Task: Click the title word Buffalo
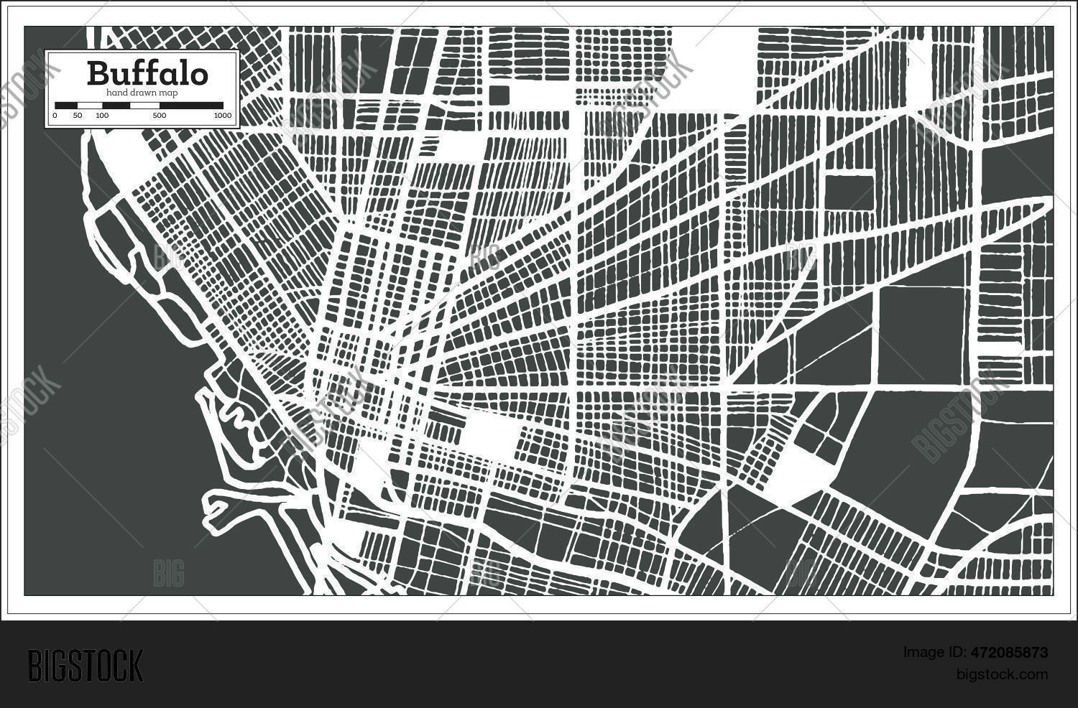tap(147, 73)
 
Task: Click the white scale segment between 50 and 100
tap(89, 106)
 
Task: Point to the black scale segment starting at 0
tap(66, 106)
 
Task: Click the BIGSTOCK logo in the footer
tap(86, 666)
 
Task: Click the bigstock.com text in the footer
tap(1002, 674)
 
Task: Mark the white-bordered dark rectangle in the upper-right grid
tap(849, 192)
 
